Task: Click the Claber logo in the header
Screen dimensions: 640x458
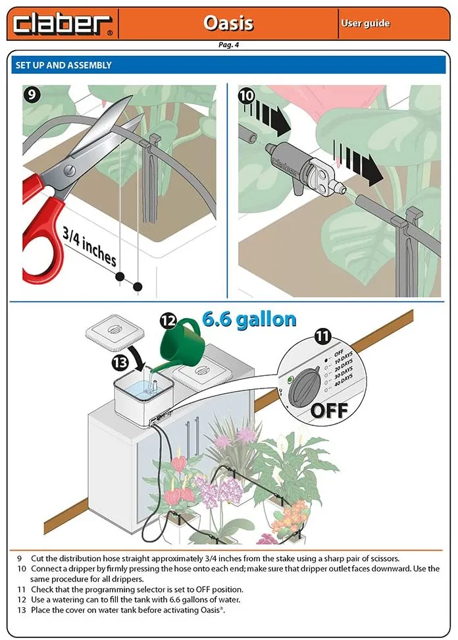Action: (63, 24)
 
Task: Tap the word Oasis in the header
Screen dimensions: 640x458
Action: (228, 23)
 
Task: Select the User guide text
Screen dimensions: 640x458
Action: (365, 24)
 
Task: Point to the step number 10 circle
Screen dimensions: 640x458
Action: (246, 95)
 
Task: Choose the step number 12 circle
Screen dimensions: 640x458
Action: (169, 321)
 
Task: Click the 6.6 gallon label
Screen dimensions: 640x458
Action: (249, 319)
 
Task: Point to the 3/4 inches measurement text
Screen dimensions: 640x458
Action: (89, 246)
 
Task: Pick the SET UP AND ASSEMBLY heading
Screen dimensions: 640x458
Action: (63, 65)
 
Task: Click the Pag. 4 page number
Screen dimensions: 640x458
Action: (228, 45)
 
